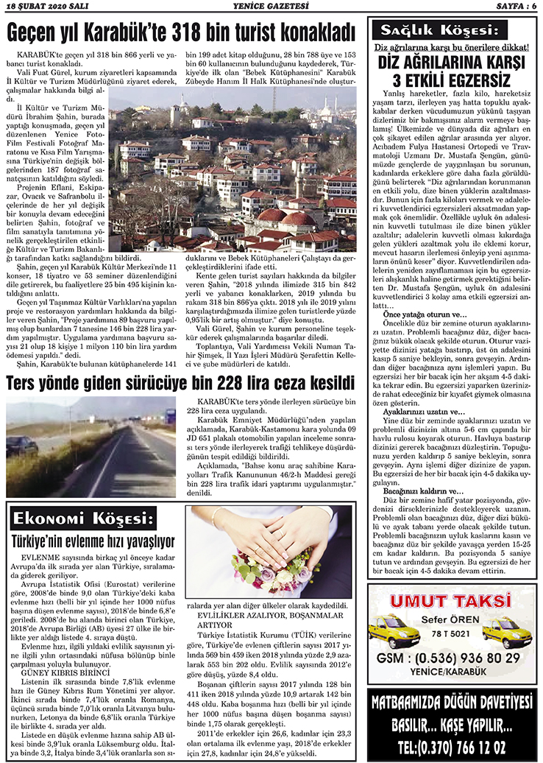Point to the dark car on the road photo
[x=22, y=445]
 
